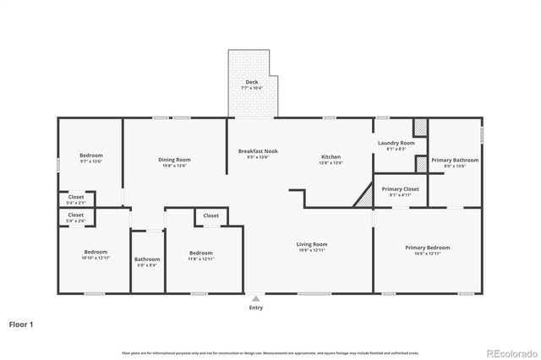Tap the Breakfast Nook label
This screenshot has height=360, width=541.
258,151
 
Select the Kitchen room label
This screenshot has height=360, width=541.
331,156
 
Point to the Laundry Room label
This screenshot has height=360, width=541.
396,144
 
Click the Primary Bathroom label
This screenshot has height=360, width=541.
455,160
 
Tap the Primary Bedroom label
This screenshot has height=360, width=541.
427,248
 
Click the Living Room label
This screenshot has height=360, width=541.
312,244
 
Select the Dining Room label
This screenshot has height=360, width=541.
174,160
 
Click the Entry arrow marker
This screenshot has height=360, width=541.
255,298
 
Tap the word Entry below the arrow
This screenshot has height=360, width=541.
255,308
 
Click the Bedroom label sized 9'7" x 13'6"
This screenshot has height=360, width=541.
91,155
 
